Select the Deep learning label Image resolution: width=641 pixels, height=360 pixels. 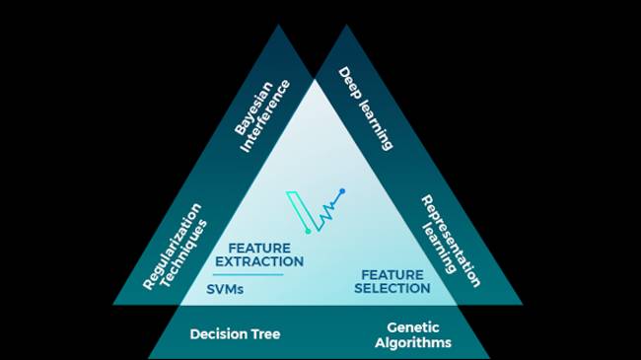[366, 108]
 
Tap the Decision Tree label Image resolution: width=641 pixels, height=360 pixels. [235, 334]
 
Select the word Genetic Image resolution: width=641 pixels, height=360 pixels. [412, 326]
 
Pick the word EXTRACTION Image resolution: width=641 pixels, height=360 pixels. [259, 262]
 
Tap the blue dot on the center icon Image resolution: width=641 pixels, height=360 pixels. [342, 191]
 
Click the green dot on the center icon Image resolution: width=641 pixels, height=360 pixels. [308, 232]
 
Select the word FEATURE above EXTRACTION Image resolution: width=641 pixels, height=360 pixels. [259, 248]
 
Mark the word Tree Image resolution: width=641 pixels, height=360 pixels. [264, 334]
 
